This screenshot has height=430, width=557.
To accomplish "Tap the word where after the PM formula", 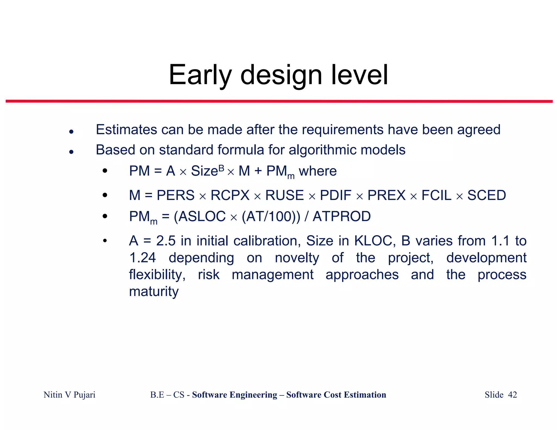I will pyautogui.click(x=317, y=171).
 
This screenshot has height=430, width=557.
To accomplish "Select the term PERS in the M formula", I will pyautogui.click(x=175, y=195).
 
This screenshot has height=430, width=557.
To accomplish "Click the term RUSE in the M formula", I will pyautogui.click(x=284, y=195).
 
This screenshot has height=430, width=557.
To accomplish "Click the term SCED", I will pyautogui.click(x=486, y=195).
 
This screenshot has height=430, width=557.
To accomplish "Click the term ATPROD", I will pyautogui.click(x=342, y=217).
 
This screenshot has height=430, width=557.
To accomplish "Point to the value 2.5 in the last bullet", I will pyautogui.click(x=166, y=241).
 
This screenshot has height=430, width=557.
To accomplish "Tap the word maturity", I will pyautogui.click(x=154, y=292).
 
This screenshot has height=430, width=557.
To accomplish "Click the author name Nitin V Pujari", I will pyautogui.click(x=69, y=395).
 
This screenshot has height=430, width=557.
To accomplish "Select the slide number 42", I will pyautogui.click(x=512, y=395).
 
